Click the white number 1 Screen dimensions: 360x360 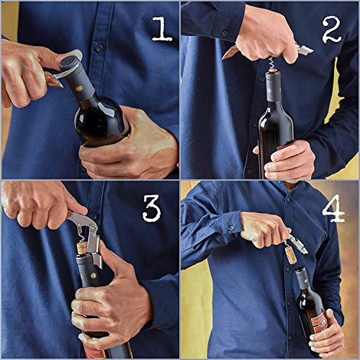pos(162,29)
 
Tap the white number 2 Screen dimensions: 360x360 pos(332,30)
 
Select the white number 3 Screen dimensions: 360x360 pos(151,208)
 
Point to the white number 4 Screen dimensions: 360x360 pos(334,208)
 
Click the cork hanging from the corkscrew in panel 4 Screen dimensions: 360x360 pos(291,255)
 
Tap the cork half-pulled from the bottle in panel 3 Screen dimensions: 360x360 pos(82,248)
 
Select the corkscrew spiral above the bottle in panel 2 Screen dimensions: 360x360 pos(271,63)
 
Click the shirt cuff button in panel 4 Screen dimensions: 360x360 pos(232,228)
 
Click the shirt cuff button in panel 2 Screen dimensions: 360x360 pos(225,32)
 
